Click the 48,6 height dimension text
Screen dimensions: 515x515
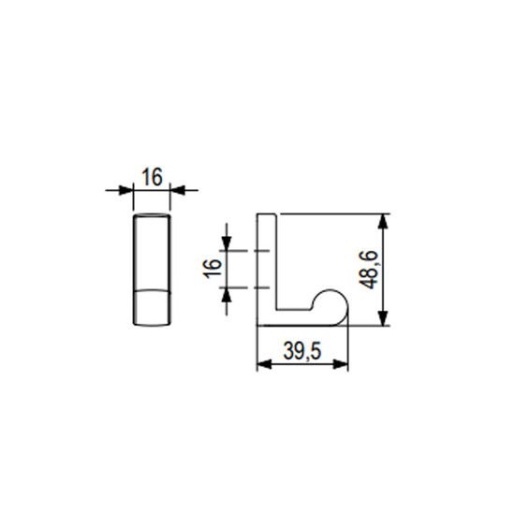click(369, 270)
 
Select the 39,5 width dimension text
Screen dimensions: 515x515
click(302, 351)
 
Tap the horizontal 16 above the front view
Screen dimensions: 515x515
click(152, 177)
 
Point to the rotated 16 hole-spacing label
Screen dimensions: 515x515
click(212, 269)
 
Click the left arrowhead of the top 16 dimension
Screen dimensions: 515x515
click(125, 190)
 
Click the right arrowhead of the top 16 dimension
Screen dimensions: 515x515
click(178, 190)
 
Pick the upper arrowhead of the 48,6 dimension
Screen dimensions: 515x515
click(383, 221)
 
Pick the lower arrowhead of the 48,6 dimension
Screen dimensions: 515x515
click(383, 318)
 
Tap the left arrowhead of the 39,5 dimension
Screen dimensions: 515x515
click(264, 364)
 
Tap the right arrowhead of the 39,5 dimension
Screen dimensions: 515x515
click(340, 364)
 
